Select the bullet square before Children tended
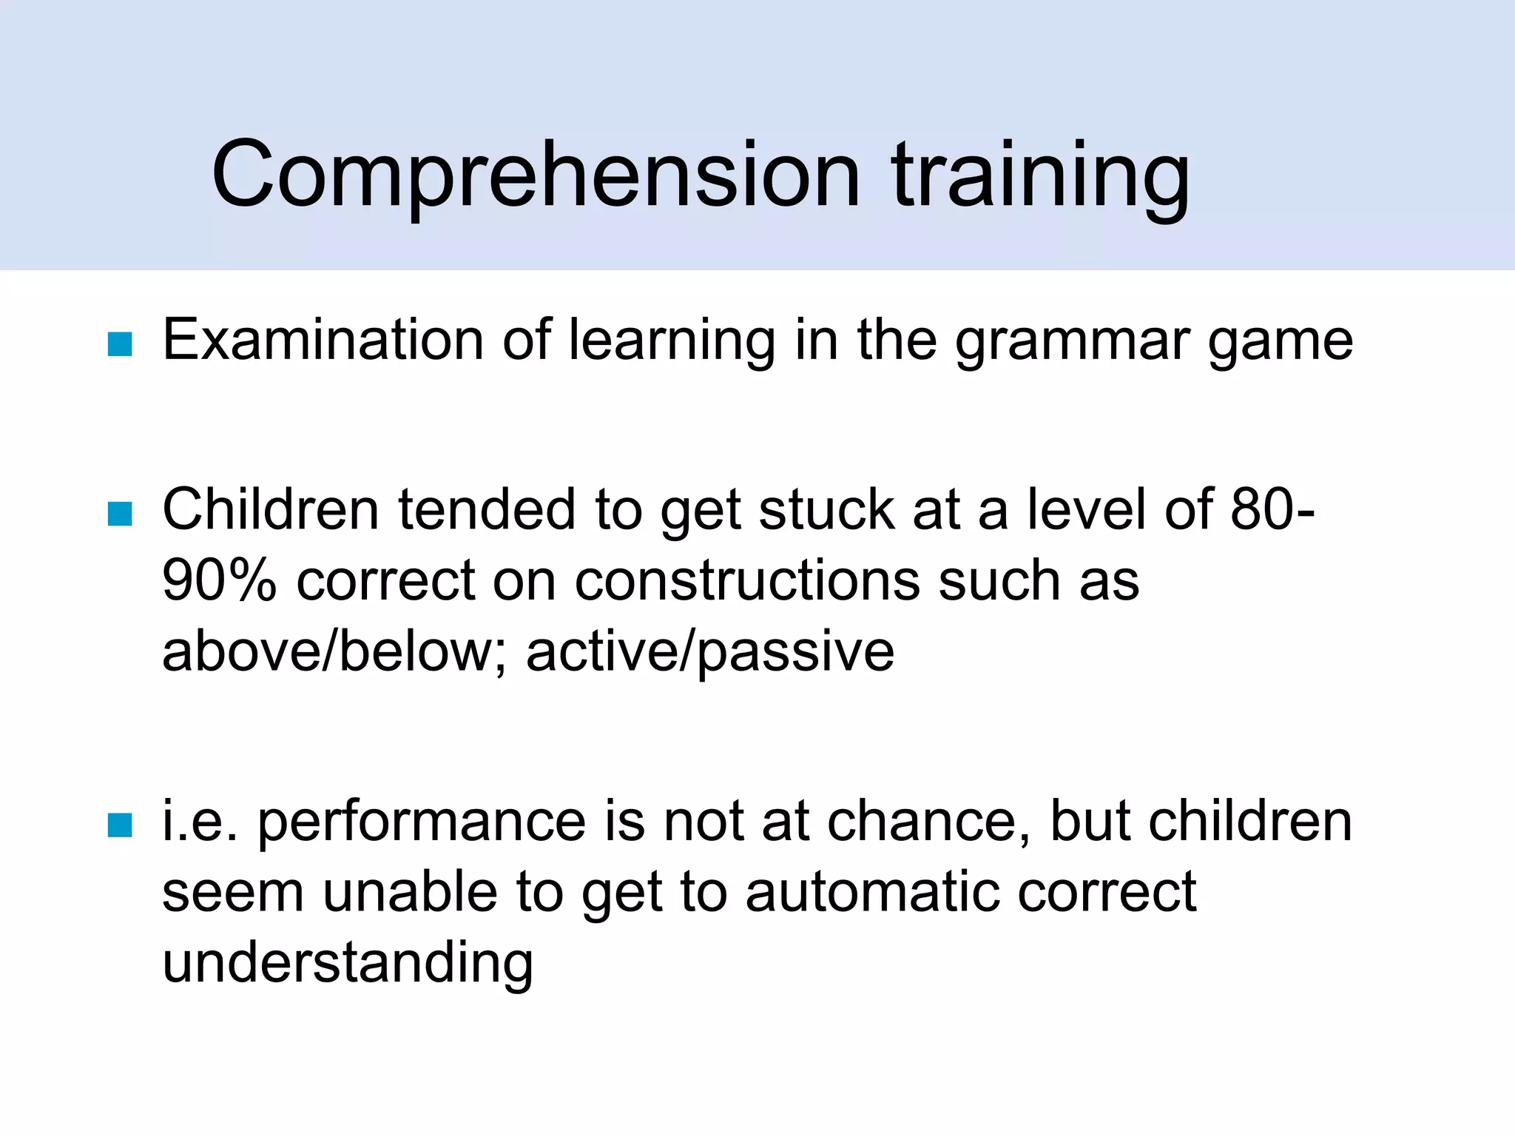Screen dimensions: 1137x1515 click(x=120, y=514)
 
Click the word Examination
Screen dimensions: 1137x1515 click(x=323, y=341)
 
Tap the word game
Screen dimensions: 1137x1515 click(x=1280, y=343)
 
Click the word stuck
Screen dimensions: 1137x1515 click(x=826, y=510)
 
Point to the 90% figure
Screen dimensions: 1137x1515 click(x=219, y=580)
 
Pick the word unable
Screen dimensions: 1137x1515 click(x=410, y=892)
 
